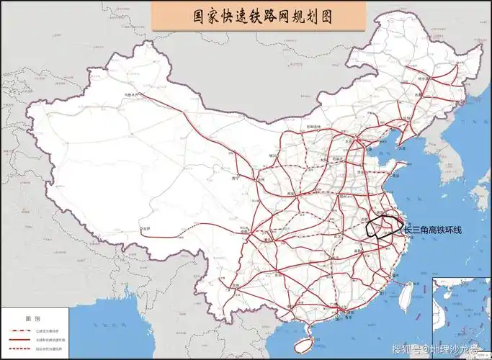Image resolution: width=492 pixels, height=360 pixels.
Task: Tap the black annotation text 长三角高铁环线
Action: click(x=432, y=230)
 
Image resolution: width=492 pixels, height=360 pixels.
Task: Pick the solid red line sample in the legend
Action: click(x=27, y=336)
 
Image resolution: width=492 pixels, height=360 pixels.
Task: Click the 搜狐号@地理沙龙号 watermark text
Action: click(x=439, y=349)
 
